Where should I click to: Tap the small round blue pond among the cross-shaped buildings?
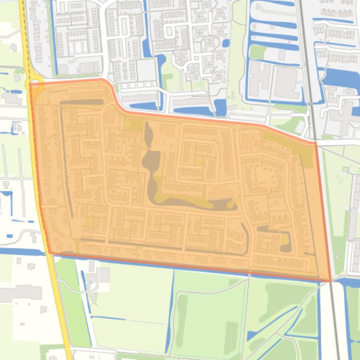tap(226, 43)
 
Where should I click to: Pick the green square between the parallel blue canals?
tap(258, 52)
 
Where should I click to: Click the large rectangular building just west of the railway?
tap(286, 82)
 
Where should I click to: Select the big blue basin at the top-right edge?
tap(342, 79)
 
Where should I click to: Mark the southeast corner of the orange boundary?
tap(331, 281)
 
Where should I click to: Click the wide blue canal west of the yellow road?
tap(21, 252)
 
